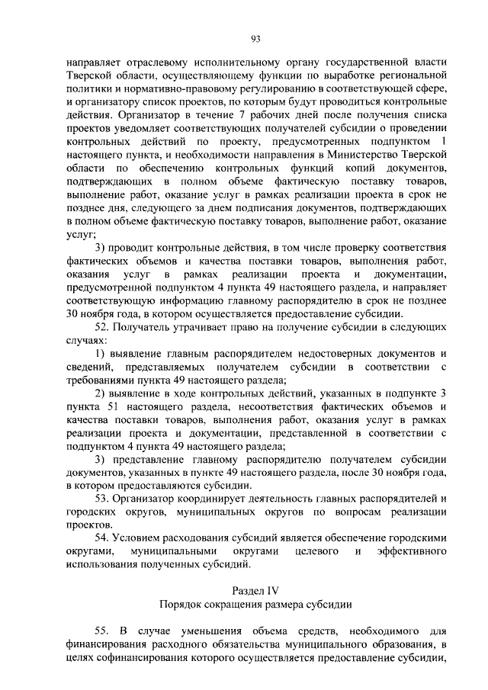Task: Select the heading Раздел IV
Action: coord(255,592)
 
